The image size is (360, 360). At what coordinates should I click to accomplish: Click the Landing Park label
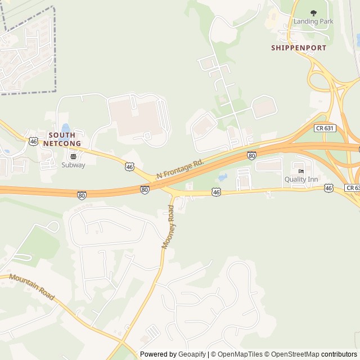click(313, 21)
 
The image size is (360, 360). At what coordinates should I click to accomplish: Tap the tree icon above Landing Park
click(313, 12)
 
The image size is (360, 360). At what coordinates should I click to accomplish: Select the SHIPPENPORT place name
click(299, 48)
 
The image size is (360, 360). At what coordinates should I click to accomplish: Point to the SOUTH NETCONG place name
click(65, 139)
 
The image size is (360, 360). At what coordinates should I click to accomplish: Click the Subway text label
click(74, 165)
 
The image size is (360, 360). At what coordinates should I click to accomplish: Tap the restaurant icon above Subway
click(74, 156)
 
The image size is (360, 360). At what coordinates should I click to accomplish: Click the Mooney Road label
click(169, 226)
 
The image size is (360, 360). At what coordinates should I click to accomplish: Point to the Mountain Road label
click(31, 287)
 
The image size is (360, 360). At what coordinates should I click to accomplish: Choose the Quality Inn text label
click(301, 179)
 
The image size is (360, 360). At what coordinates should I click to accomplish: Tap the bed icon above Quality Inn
click(301, 170)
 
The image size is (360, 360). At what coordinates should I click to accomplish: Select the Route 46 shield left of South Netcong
click(34, 141)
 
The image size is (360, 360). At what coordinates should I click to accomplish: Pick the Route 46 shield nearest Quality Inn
click(328, 188)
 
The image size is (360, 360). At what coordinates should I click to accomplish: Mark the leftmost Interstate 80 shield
click(82, 195)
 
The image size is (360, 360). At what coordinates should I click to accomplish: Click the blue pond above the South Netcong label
click(66, 128)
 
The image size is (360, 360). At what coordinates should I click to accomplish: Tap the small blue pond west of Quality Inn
click(222, 178)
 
